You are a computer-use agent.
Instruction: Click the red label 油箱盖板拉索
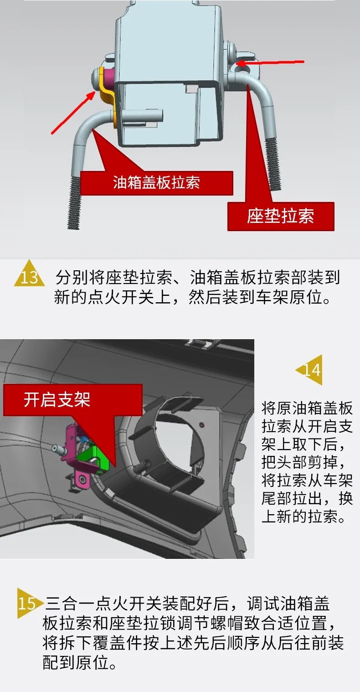pos(157,183)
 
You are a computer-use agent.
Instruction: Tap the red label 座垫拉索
pos(281,216)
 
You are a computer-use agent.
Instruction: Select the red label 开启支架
pos(72,400)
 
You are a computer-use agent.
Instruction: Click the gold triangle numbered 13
pos(29,274)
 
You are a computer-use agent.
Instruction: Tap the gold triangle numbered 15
pos(27,604)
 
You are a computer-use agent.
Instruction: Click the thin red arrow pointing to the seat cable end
pos(271,63)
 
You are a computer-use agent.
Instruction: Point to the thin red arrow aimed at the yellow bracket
pos(73,113)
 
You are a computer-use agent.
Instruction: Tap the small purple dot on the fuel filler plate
pos(202,425)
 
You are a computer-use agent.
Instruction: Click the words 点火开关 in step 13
pos(122,297)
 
